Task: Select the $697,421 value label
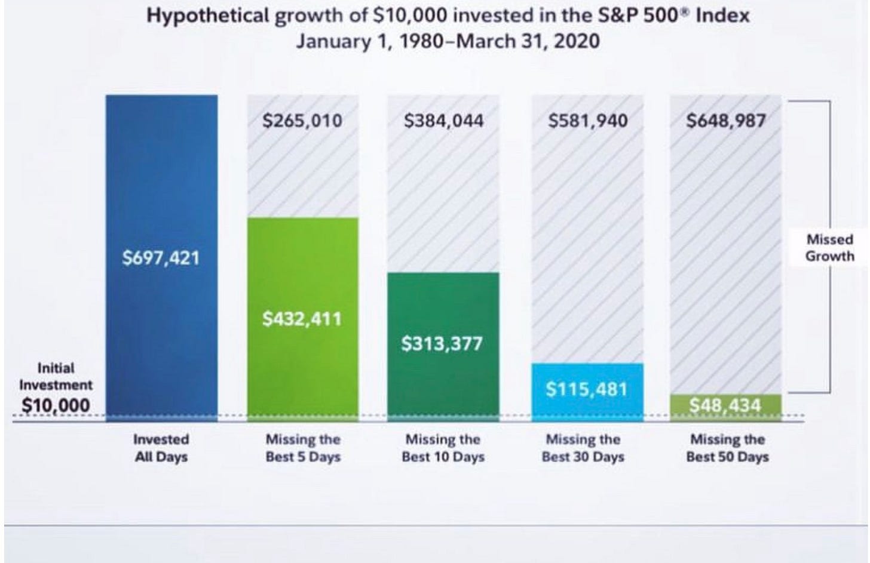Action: [161, 259]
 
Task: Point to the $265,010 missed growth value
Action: [302, 121]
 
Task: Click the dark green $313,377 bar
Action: [443, 382]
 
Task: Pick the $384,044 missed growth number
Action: [443, 121]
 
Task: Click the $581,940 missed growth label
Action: [588, 121]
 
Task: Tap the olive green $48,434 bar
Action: [725, 407]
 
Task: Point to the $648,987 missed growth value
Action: [725, 121]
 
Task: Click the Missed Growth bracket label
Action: [829, 248]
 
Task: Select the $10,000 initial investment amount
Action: [56, 405]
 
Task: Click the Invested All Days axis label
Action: [161, 448]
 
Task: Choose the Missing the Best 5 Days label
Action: [303, 448]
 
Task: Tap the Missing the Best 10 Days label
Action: [443, 448]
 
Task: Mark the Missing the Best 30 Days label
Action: [583, 448]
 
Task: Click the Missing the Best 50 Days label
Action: [727, 448]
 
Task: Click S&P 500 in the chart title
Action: [644, 16]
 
